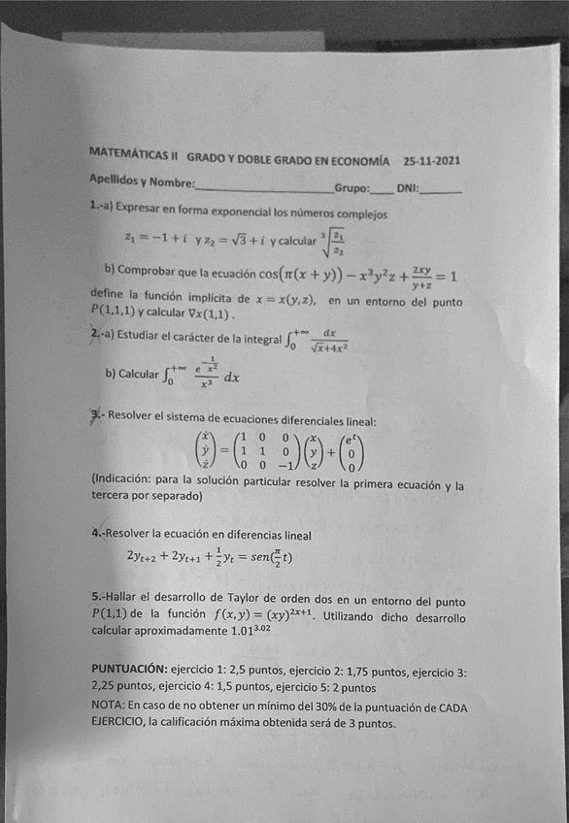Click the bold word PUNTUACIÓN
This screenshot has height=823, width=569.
tap(128, 670)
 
